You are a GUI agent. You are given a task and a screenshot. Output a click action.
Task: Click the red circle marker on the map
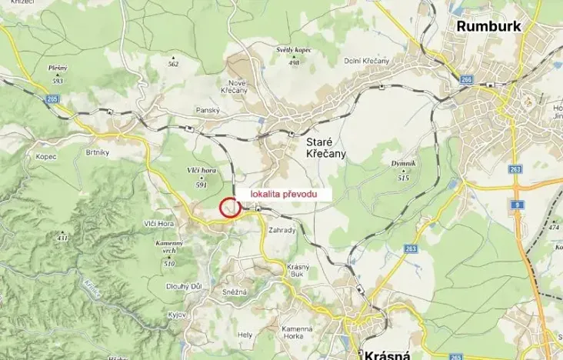click(228, 207)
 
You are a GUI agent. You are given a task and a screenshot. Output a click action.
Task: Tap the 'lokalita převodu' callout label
click(284, 195)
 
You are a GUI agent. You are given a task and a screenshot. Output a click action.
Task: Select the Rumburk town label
click(488, 26)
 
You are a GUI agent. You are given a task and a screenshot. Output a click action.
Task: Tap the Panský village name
click(208, 110)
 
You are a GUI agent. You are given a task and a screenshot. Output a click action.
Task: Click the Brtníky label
click(99, 132)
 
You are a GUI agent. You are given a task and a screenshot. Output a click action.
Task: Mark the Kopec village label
click(46, 155)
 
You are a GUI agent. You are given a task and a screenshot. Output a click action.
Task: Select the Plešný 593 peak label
click(57, 74)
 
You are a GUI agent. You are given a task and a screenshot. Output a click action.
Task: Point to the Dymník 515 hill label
click(402, 170)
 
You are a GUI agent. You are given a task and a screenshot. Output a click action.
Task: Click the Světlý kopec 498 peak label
click(293, 55)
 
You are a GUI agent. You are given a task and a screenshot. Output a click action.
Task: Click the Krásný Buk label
click(298, 270)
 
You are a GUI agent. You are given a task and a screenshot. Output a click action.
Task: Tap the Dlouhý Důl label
click(185, 286)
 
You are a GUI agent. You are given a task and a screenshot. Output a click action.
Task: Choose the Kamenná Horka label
click(295, 333)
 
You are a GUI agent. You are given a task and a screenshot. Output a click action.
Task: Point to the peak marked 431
click(62, 237)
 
